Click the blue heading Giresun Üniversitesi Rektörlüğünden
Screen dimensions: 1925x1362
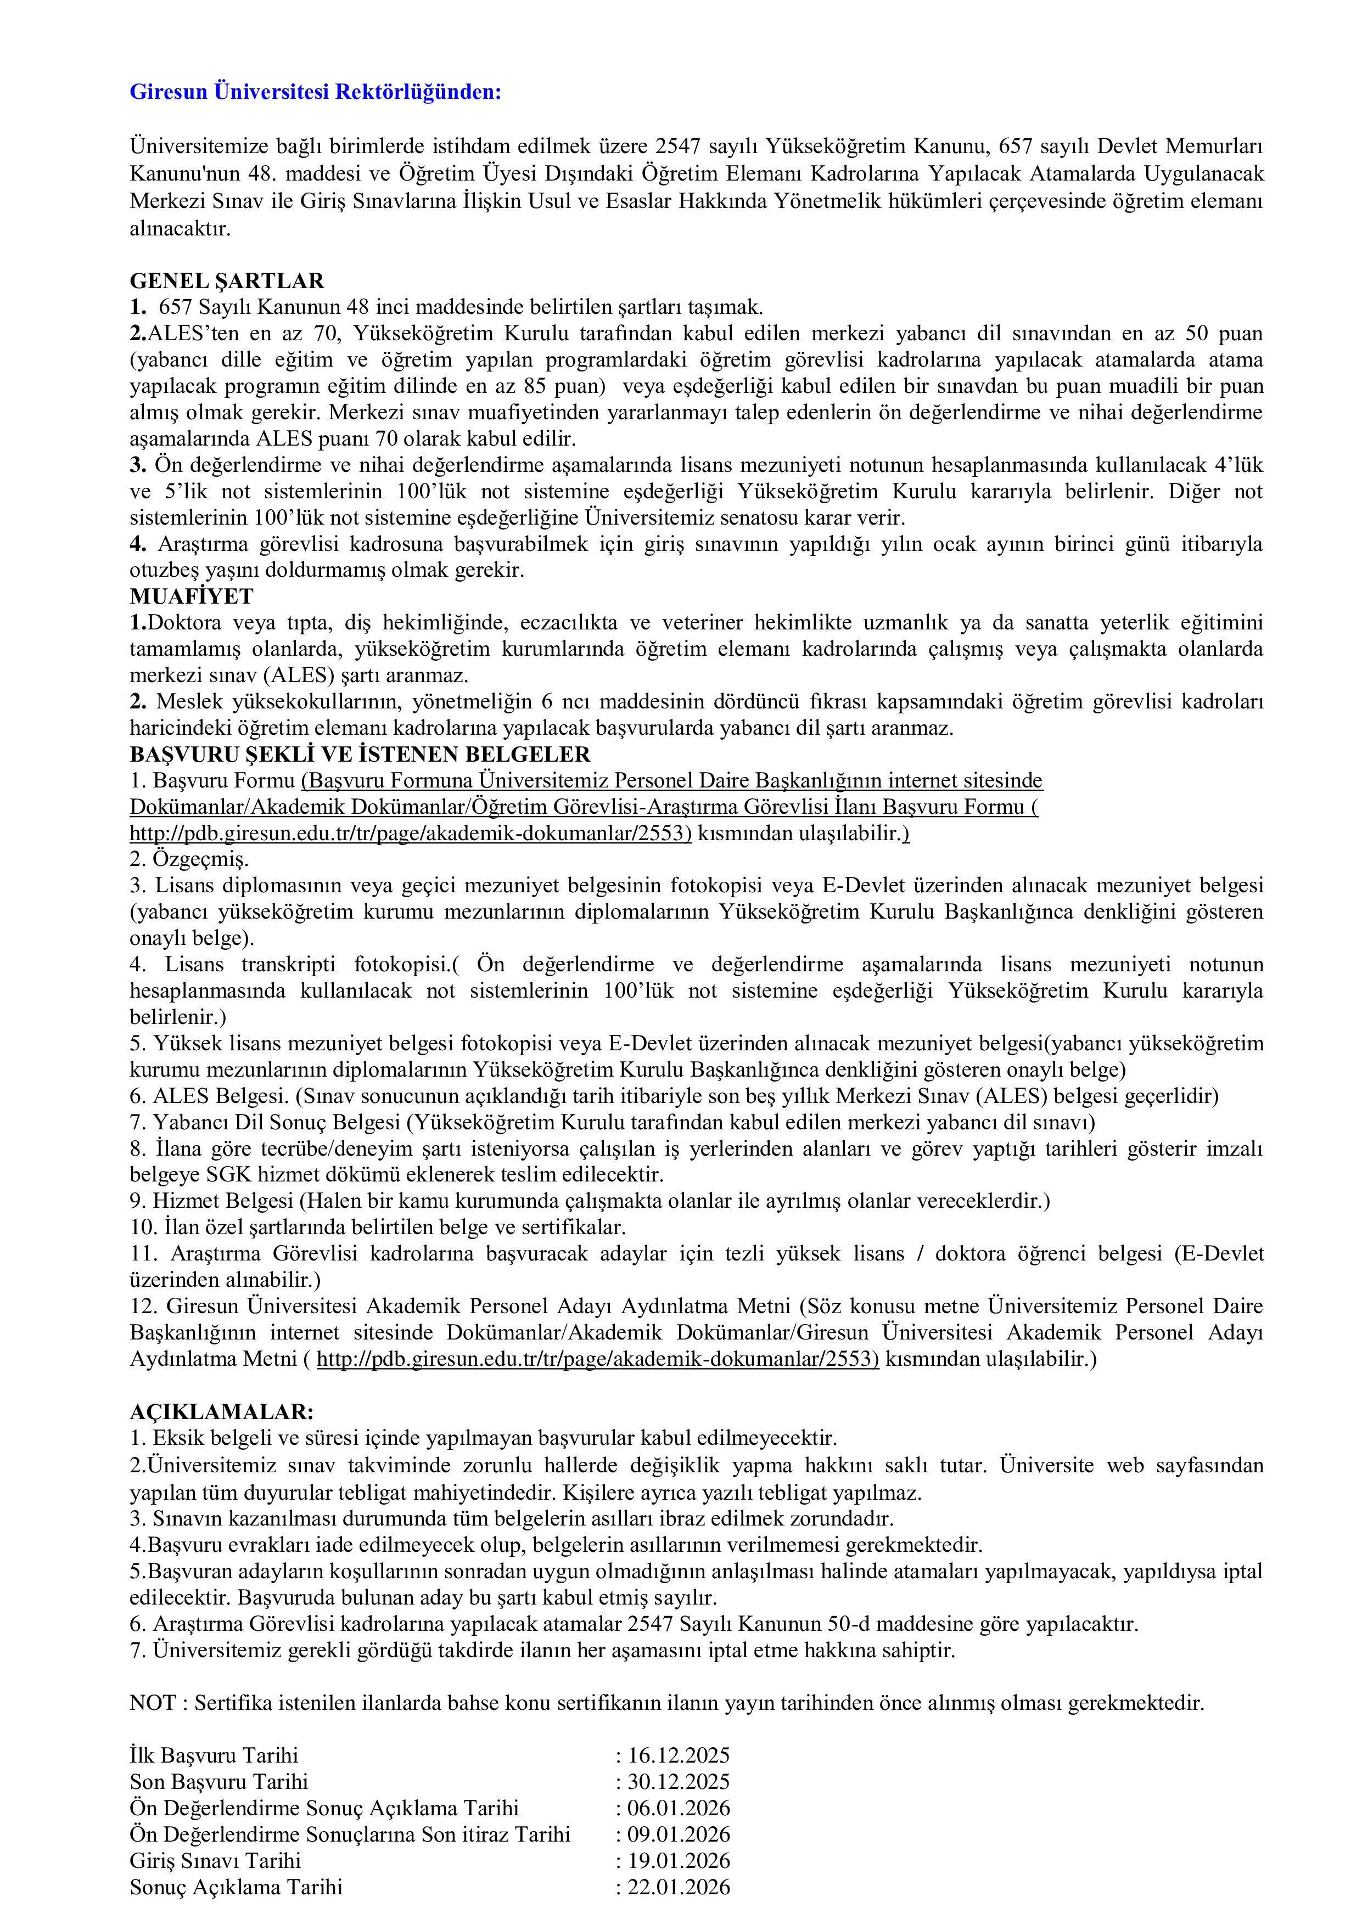315,92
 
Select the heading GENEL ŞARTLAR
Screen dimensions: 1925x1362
226,281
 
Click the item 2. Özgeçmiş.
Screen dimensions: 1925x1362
189,859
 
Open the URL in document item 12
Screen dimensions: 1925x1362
598,1359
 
